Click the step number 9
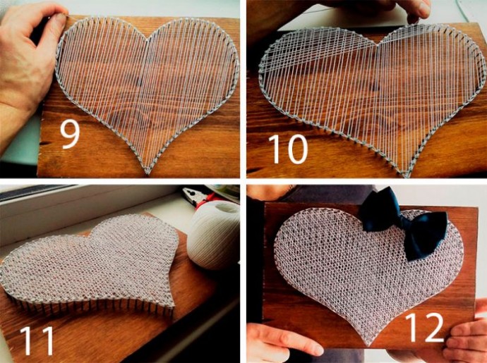point(70,134)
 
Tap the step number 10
point(288,149)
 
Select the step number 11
point(37,340)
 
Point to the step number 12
point(425,327)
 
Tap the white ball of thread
point(213,235)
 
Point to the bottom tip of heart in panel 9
point(148,173)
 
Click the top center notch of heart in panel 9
point(148,39)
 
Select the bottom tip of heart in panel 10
point(405,176)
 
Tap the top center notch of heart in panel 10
point(378,45)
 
